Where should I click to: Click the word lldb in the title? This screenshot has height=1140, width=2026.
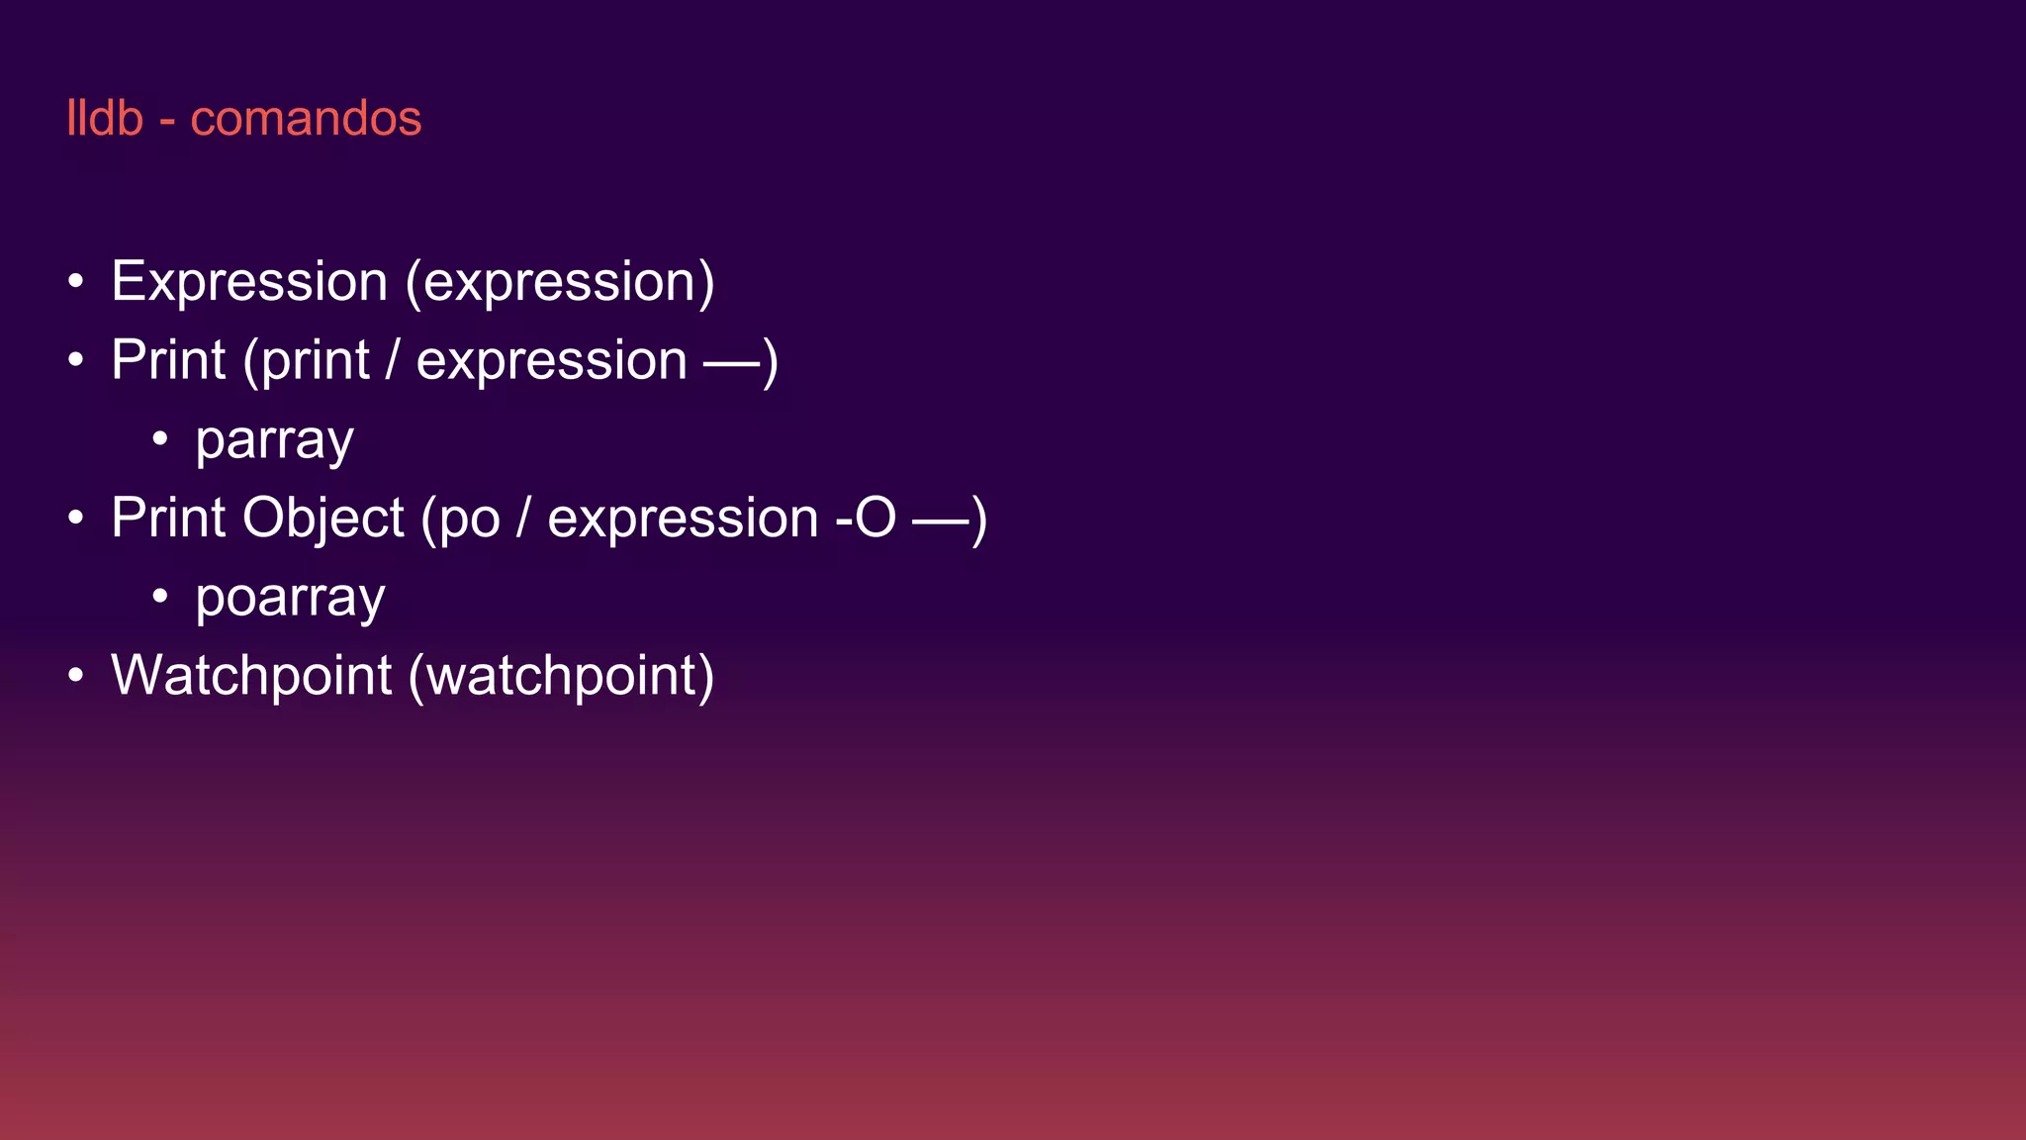click(x=105, y=119)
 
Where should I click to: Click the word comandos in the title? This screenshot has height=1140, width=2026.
click(x=306, y=119)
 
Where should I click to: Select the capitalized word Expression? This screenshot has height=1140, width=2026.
click(x=249, y=282)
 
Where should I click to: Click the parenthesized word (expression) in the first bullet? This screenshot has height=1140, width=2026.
click(x=560, y=282)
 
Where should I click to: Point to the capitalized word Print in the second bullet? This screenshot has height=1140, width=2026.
click(x=168, y=360)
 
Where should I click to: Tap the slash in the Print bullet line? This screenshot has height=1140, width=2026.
click(x=393, y=360)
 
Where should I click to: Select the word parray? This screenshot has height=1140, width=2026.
click(x=274, y=439)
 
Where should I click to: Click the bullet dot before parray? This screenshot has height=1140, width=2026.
click(x=160, y=438)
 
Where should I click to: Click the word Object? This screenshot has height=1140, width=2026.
click(x=322, y=519)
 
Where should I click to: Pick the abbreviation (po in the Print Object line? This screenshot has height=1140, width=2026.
click(x=461, y=519)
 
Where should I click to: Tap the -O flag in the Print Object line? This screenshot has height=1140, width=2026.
click(x=866, y=519)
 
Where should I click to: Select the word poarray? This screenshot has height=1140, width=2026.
click(x=290, y=598)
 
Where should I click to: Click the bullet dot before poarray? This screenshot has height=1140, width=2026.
click(x=160, y=596)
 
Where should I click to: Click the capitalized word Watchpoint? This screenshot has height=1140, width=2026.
click(x=251, y=676)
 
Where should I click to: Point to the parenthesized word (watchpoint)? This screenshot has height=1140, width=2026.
click(x=561, y=676)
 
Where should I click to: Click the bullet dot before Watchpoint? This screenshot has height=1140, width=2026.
click(x=76, y=676)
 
